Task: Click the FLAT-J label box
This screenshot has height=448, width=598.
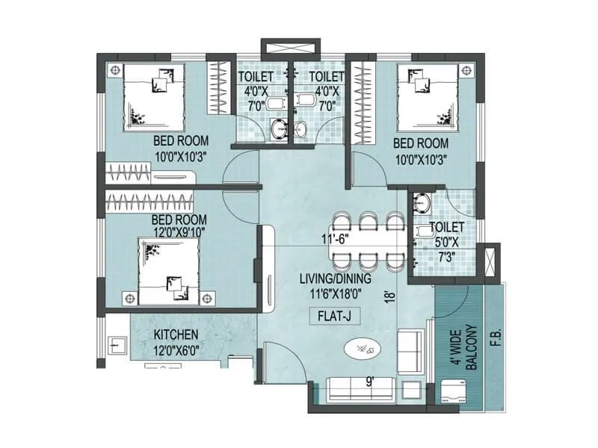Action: [x=334, y=317]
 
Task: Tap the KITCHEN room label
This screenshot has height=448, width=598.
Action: [x=176, y=335]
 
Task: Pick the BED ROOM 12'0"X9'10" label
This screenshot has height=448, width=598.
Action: [x=179, y=226]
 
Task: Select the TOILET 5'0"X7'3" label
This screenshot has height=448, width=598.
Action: [x=447, y=241]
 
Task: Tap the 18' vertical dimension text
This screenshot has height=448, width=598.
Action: [x=389, y=295]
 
